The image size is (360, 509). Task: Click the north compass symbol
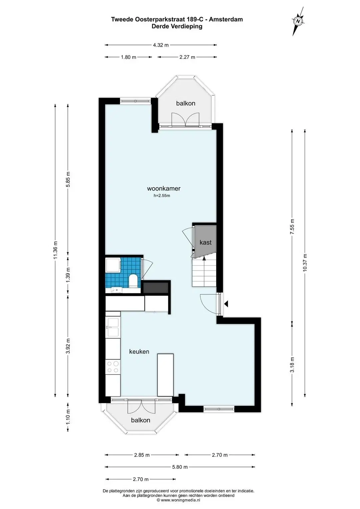(x=298, y=21)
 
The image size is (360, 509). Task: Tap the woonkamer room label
(x=164, y=188)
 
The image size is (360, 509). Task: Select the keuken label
(x=139, y=351)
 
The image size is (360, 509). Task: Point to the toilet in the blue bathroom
(x=133, y=281)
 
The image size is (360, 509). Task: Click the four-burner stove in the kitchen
(x=113, y=367)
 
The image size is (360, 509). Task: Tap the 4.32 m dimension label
(x=161, y=45)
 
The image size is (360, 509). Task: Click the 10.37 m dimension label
(x=305, y=262)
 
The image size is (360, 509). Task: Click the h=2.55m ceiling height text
(x=162, y=196)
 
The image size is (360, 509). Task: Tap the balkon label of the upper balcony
(x=186, y=103)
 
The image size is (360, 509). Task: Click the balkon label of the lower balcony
(x=141, y=420)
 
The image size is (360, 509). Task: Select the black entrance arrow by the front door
(x=226, y=304)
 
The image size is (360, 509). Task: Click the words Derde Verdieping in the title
(x=177, y=26)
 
